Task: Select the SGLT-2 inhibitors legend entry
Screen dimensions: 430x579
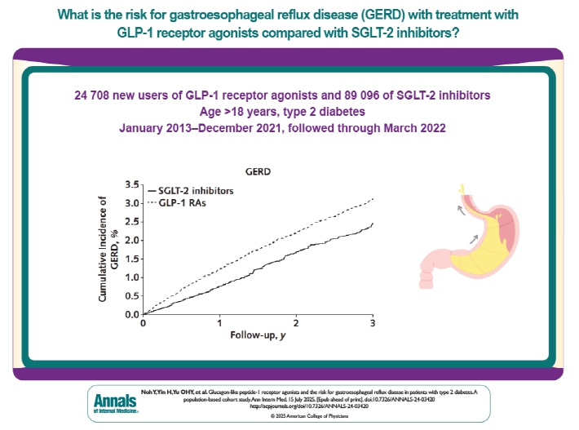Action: pyautogui.click(x=188, y=189)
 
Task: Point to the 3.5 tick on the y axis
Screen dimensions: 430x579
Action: pyautogui.click(x=130, y=184)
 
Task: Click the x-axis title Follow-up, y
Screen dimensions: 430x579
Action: pyautogui.click(x=258, y=336)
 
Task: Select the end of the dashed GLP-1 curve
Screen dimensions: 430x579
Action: pyautogui.click(x=373, y=198)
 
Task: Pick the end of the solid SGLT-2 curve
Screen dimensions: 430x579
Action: pyautogui.click(x=373, y=223)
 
